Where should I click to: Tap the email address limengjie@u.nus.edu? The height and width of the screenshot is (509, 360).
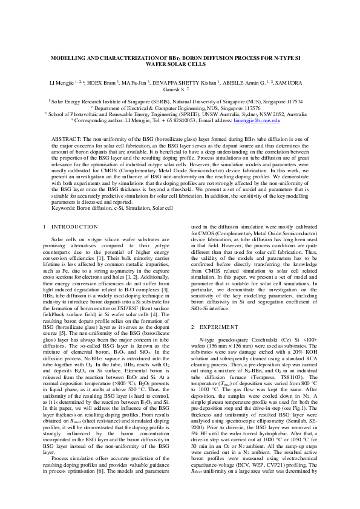click(255, 121)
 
